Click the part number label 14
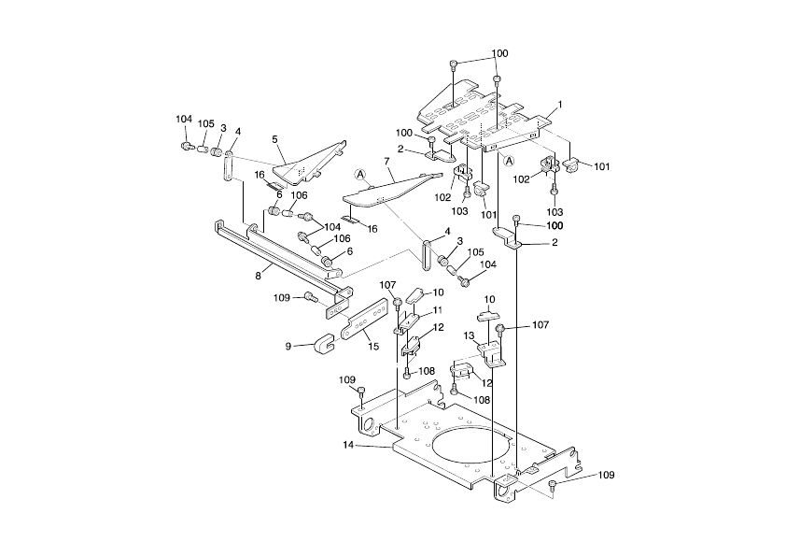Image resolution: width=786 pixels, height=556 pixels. [x=348, y=446]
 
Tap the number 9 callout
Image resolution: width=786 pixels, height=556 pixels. [x=288, y=346]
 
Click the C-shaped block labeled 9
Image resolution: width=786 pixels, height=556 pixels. [x=325, y=343]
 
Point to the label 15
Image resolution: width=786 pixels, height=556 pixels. [x=373, y=347]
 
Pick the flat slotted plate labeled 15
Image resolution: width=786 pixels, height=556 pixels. [x=366, y=319]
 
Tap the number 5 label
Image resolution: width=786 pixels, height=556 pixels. [x=275, y=139]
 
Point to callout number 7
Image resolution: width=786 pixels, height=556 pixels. [x=386, y=161]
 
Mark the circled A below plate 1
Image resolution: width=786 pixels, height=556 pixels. [x=509, y=160]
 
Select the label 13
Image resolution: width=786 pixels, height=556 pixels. [x=470, y=335]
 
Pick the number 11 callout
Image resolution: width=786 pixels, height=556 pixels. [x=437, y=309]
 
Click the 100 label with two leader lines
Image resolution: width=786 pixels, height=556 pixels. [x=499, y=53]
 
